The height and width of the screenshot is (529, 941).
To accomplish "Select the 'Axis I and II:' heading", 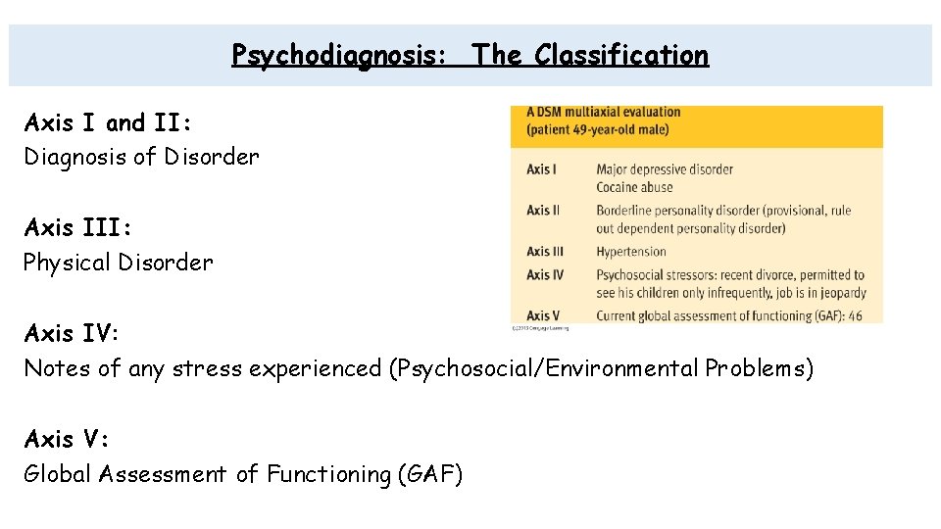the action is pos(108,123).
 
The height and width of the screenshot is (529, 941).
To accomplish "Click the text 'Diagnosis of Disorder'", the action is pos(141,157).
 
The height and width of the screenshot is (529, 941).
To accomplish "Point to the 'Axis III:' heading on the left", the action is pos(77,228).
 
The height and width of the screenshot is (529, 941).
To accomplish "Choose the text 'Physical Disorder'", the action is pos(118,263).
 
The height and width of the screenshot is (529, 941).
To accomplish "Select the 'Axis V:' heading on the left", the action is pos(66,439).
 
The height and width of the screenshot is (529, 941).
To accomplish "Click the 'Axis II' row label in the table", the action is pos(543,211).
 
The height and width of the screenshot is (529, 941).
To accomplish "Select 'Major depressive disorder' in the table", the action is pos(664,169).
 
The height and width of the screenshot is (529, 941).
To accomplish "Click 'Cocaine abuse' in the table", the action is pos(635,187).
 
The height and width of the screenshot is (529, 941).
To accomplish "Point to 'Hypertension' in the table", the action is pos(630,252).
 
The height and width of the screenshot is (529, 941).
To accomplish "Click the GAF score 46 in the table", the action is pos(857,315).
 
